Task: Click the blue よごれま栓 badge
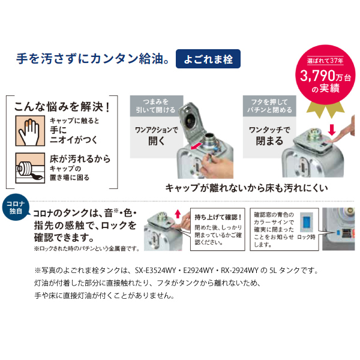(208, 61)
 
